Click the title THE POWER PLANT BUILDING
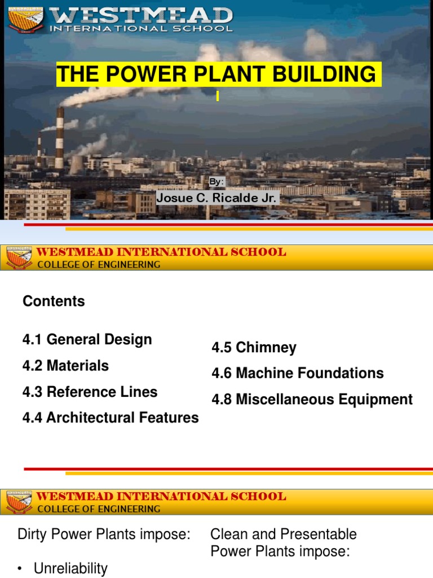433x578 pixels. point(218,74)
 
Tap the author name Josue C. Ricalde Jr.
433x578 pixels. point(216,198)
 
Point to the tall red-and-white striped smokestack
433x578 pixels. point(59,138)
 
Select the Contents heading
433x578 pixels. point(54,301)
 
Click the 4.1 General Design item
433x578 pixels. point(87,340)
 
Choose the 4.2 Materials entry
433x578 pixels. point(65,366)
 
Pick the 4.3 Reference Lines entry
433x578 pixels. point(90,392)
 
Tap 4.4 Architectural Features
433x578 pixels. point(111,418)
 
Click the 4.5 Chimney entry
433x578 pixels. point(254,348)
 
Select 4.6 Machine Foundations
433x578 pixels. point(297,373)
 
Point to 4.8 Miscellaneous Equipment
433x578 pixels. point(312,400)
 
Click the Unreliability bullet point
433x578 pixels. point(70,568)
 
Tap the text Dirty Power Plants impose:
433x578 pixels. point(104,535)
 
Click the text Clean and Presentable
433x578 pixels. point(284,535)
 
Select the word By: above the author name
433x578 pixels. point(216,182)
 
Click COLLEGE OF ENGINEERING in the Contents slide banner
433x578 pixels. point(99,264)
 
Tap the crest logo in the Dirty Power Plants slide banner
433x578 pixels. point(19,502)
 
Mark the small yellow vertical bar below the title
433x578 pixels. point(218,97)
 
